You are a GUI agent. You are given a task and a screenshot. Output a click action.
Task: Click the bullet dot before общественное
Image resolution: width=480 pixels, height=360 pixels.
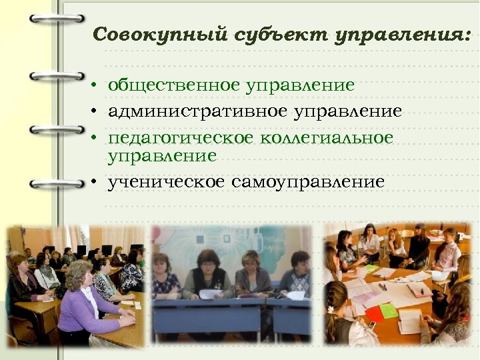coord(96,87)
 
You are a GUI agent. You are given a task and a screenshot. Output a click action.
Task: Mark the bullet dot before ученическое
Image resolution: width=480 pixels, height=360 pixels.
coord(96,182)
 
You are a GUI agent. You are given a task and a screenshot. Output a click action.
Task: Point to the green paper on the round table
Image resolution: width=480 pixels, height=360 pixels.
coord(389,310)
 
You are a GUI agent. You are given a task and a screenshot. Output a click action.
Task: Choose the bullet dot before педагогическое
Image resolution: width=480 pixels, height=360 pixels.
coord(96,138)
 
